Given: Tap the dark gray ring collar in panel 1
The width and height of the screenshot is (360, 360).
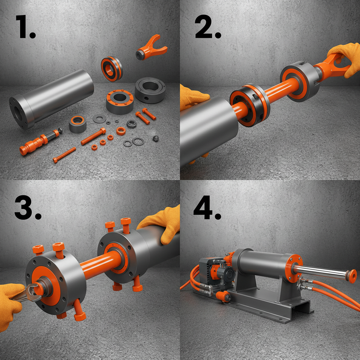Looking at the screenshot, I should tap(150, 90).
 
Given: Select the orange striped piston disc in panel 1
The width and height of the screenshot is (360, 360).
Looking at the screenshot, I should tap(112, 69).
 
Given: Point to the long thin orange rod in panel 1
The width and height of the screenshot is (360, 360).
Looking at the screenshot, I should tap(65, 155).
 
